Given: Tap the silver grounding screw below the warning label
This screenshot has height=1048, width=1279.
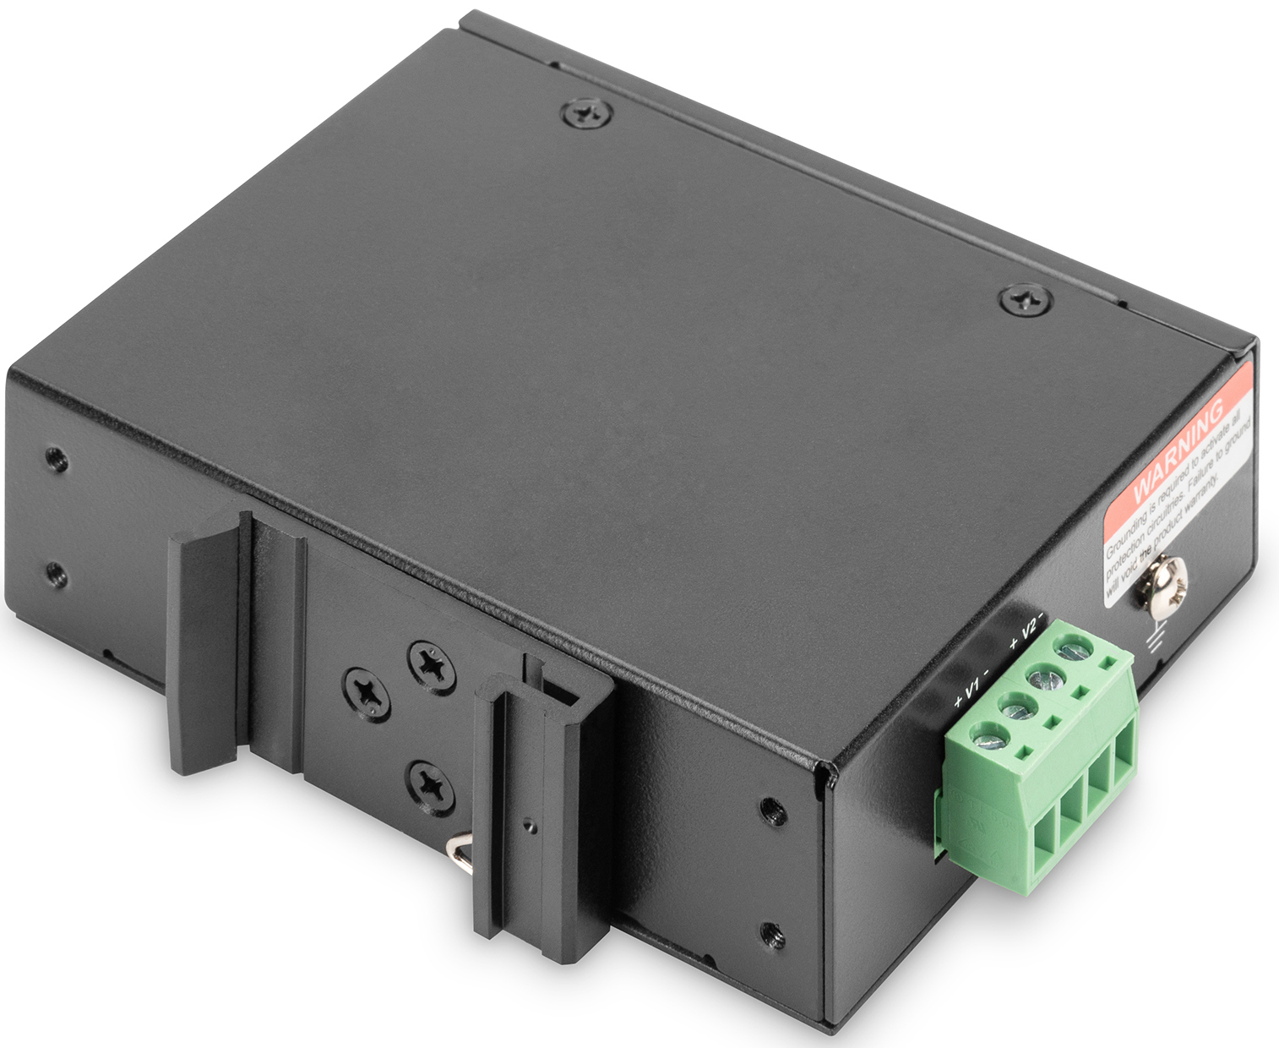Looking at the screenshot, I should click(x=1169, y=582).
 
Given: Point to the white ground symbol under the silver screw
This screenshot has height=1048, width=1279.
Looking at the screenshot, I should click(x=1152, y=642).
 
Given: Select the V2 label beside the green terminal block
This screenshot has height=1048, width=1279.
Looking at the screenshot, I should click(x=1027, y=629).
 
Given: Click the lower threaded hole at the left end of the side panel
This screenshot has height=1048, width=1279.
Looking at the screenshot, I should click(x=55, y=574).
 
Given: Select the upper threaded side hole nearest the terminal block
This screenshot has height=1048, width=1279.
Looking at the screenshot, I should click(x=770, y=810).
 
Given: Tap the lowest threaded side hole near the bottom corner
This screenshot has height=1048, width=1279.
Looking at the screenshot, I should click(x=771, y=935).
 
